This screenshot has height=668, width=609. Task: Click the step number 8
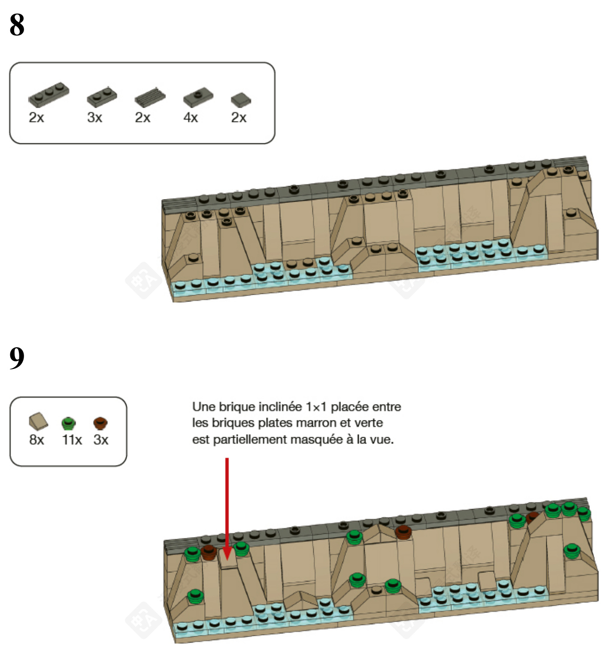(x=17, y=25)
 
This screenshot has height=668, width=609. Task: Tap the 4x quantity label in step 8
(x=191, y=118)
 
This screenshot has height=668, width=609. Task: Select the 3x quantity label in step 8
(x=94, y=118)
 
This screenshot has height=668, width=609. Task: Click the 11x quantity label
(x=72, y=440)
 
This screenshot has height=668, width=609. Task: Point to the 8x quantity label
(x=36, y=440)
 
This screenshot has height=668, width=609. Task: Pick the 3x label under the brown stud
(x=101, y=440)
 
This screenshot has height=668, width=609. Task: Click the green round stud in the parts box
(x=68, y=423)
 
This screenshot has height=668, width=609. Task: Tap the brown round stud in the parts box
(x=100, y=423)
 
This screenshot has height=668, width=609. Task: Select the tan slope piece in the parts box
(x=38, y=421)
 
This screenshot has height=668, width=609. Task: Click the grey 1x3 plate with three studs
(x=48, y=94)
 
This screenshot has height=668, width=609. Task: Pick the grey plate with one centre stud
(x=198, y=98)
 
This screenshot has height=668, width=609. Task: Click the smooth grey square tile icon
(x=241, y=100)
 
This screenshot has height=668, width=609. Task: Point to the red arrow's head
(x=227, y=554)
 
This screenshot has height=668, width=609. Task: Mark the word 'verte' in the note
(x=366, y=423)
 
